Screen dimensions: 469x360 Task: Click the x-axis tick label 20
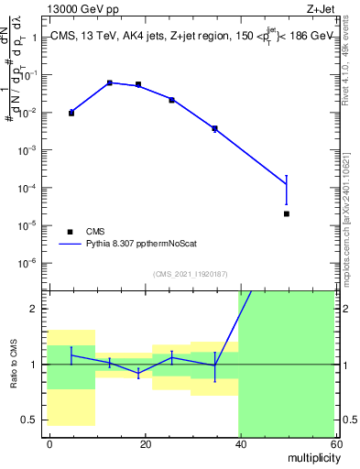(x=145, y=443)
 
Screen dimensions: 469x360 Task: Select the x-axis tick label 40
(x=239, y=443)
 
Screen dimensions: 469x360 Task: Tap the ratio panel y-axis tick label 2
(x=35, y=309)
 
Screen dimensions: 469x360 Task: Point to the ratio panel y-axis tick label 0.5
(x=31, y=420)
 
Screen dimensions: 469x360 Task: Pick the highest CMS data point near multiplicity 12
(x=109, y=82)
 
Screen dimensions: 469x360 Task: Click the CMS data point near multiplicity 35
(x=214, y=128)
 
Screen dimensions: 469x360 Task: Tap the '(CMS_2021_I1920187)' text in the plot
(x=191, y=273)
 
